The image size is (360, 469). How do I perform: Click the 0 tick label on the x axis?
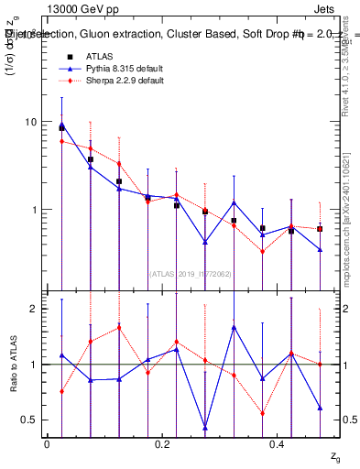[x=47, y=443]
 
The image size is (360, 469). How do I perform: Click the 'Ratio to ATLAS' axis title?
[x=12, y=364]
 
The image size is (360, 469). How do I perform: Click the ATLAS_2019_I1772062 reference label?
[x=191, y=272]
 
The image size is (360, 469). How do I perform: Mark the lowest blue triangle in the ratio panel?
[x=205, y=428]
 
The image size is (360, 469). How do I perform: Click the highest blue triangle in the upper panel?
[x=61, y=125]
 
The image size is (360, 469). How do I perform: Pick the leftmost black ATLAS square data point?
[x=61, y=128]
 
